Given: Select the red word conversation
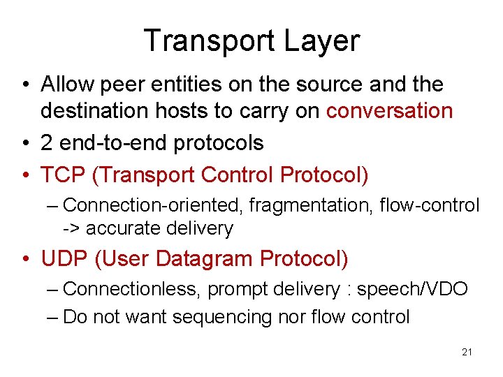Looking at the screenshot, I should point(390,111).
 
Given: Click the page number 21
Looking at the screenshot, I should point(467,352).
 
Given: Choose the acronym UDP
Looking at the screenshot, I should point(64,258).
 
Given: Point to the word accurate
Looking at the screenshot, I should point(122,228).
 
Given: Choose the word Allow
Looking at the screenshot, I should point(66,84).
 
